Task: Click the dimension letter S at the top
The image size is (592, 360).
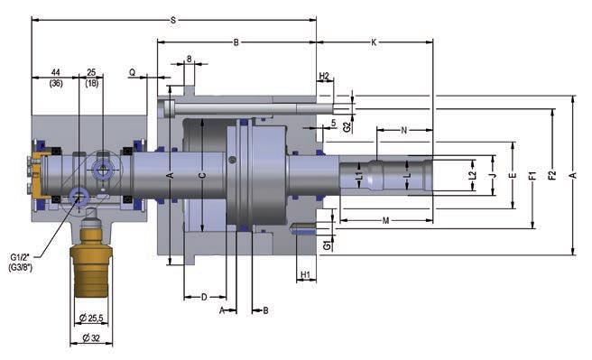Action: [x=173, y=20]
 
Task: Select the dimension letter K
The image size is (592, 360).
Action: [x=374, y=42]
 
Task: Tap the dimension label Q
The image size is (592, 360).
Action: [x=132, y=71]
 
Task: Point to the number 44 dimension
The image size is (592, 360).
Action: [x=56, y=72]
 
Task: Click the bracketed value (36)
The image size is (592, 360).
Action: [x=56, y=83]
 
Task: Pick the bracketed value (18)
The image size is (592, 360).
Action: [x=92, y=83]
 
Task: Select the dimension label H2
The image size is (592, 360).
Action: [x=324, y=76]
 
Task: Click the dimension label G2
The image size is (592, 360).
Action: [x=347, y=127]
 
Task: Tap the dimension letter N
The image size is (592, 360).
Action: [x=404, y=130]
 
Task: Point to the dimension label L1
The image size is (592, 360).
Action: [x=358, y=175]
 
